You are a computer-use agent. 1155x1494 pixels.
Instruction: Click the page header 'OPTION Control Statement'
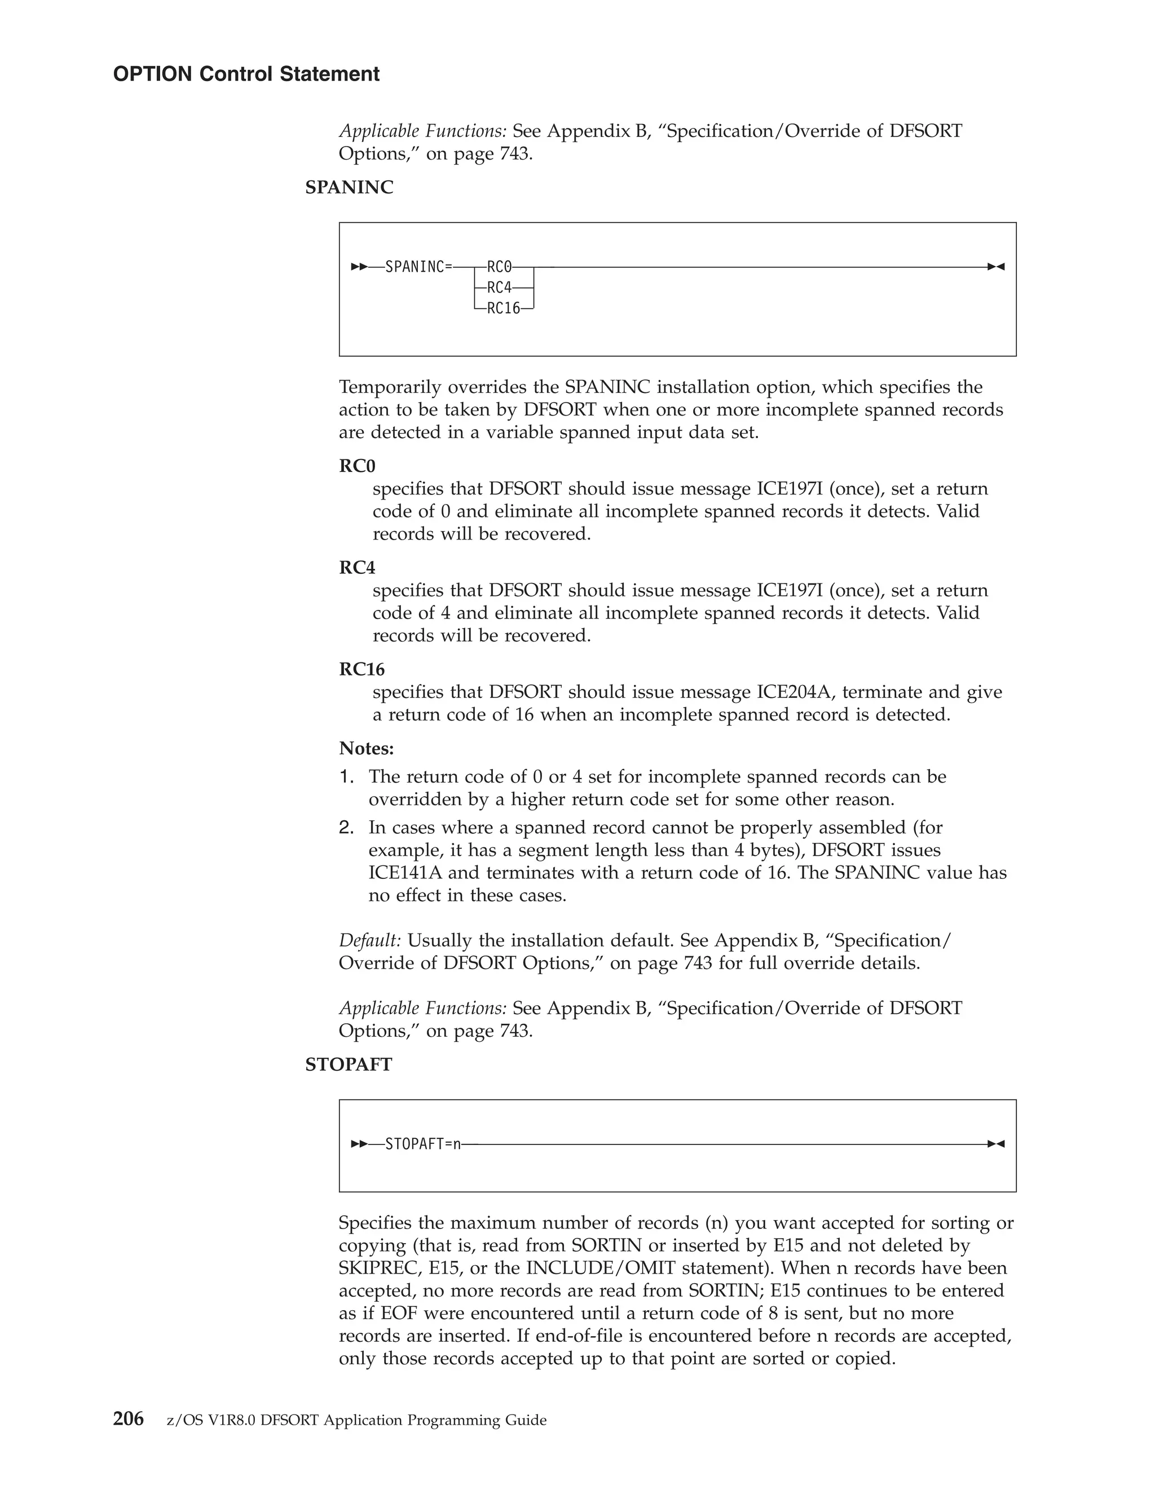[x=246, y=74]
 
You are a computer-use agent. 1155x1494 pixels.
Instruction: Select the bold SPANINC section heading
[x=349, y=187]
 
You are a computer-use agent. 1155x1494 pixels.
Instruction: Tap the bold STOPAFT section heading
[x=349, y=1064]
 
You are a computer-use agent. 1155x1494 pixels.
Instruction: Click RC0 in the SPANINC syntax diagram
[x=500, y=267]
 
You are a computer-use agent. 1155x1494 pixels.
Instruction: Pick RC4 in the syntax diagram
[x=500, y=288]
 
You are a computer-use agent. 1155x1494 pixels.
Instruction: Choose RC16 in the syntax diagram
[x=504, y=308]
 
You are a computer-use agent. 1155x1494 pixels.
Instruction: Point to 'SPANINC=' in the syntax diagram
[x=418, y=267]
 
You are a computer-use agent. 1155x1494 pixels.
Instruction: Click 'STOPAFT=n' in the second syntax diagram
[x=423, y=1144]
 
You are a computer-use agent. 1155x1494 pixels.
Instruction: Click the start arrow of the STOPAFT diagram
[x=359, y=1144]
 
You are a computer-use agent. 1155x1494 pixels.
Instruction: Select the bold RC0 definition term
[x=357, y=466]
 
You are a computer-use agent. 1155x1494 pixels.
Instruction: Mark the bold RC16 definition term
[x=362, y=669]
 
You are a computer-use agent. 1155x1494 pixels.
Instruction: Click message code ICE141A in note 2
[x=405, y=873]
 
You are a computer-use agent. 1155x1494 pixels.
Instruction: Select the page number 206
[x=128, y=1420]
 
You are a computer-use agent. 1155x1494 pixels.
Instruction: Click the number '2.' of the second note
[x=346, y=828]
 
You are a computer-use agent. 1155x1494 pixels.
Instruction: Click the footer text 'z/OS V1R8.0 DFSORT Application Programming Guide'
[x=356, y=1421]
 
